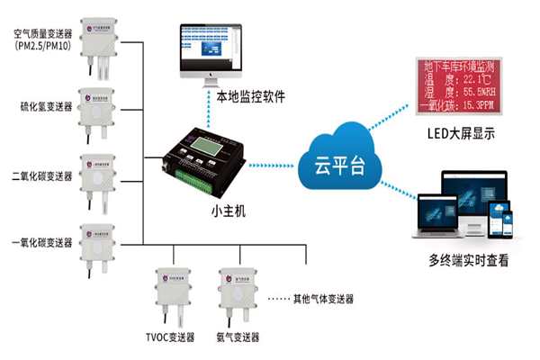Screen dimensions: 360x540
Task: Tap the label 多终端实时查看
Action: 467,261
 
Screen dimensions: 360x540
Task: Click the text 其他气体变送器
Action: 323,299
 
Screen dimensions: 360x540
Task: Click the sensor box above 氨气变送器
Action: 236,289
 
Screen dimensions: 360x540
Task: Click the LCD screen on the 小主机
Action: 207,147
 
